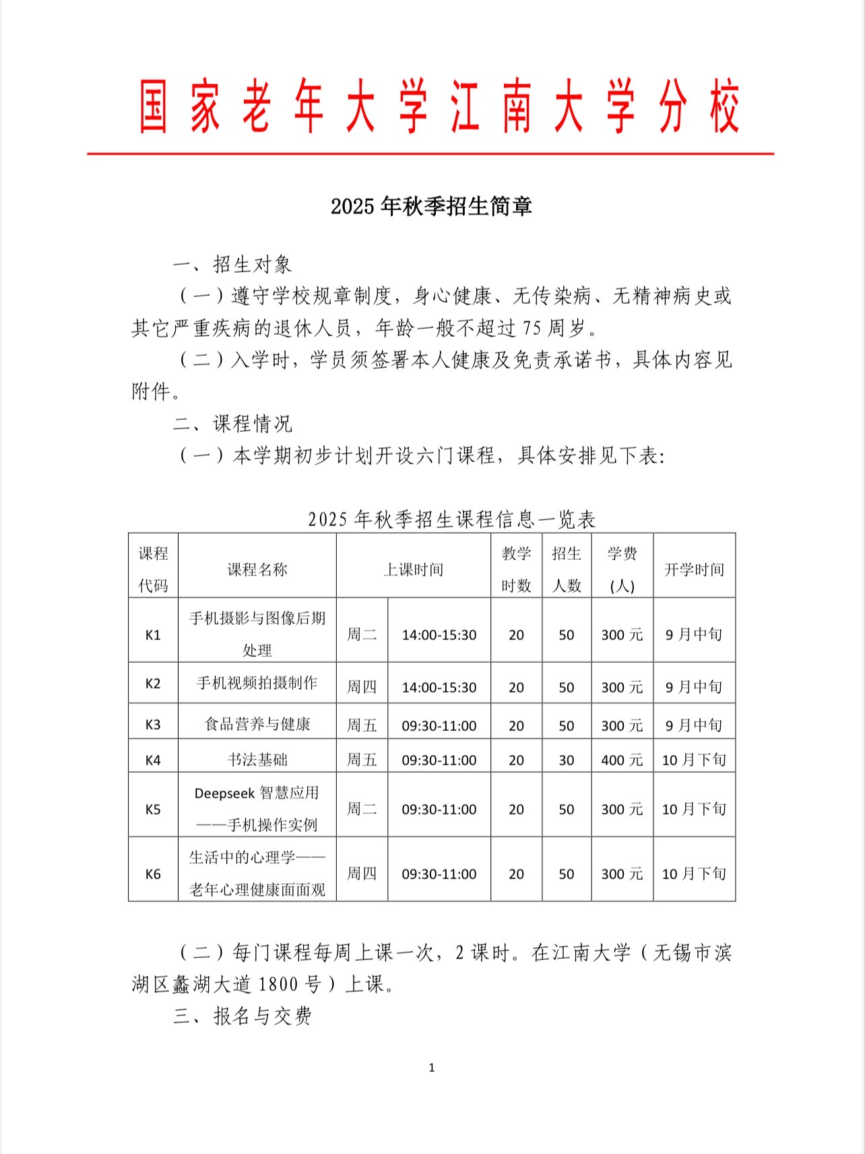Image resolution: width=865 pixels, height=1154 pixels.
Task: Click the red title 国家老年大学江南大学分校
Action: pyautogui.click(x=439, y=107)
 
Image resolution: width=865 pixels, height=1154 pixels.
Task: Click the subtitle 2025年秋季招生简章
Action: pyautogui.click(x=431, y=206)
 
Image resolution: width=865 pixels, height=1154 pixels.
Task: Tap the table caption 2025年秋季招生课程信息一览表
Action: pyautogui.click(x=451, y=519)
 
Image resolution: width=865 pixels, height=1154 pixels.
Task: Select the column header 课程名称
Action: pyautogui.click(x=257, y=570)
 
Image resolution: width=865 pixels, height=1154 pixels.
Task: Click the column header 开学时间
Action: pyautogui.click(x=694, y=570)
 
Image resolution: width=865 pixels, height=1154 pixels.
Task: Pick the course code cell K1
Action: pyautogui.click(x=153, y=635)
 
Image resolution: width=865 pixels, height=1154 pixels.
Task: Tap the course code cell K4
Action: pyautogui.click(x=153, y=760)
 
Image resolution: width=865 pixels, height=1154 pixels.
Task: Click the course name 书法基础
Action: pyautogui.click(x=257, y=760)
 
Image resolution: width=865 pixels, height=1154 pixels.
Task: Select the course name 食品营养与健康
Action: pyautogui.click(x=257, y=724)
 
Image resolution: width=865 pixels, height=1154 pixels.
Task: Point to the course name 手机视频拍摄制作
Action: pyautogui.click(x=257, y=683)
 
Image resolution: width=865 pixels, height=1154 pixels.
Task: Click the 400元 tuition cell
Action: pyautogui.click(x=622, y=760)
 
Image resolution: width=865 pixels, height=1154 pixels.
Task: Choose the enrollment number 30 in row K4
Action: pyautogui.click(x=567, y=760)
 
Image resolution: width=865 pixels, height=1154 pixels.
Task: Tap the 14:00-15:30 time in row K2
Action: pyautogui.click(x=439, y=687)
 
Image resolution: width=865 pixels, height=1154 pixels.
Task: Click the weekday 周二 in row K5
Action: pyautogui.click(x=362, y=809)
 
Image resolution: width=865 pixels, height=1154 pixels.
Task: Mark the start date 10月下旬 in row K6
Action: pyautogui.click(x=694, y=874)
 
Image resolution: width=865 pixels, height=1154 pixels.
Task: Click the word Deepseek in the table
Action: pyautogui.click(x=224, y=794)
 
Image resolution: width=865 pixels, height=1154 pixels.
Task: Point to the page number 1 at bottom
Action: pyautogui.click(x=432, y=1067)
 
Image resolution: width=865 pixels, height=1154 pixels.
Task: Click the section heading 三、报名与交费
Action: pyautogui.click(x=243, y=1016)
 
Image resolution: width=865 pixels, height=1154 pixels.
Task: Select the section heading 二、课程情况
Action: pyautogui.click(x=232, y=424)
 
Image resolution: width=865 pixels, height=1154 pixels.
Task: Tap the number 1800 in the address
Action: pyautogui.click(x=278, y=984)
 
